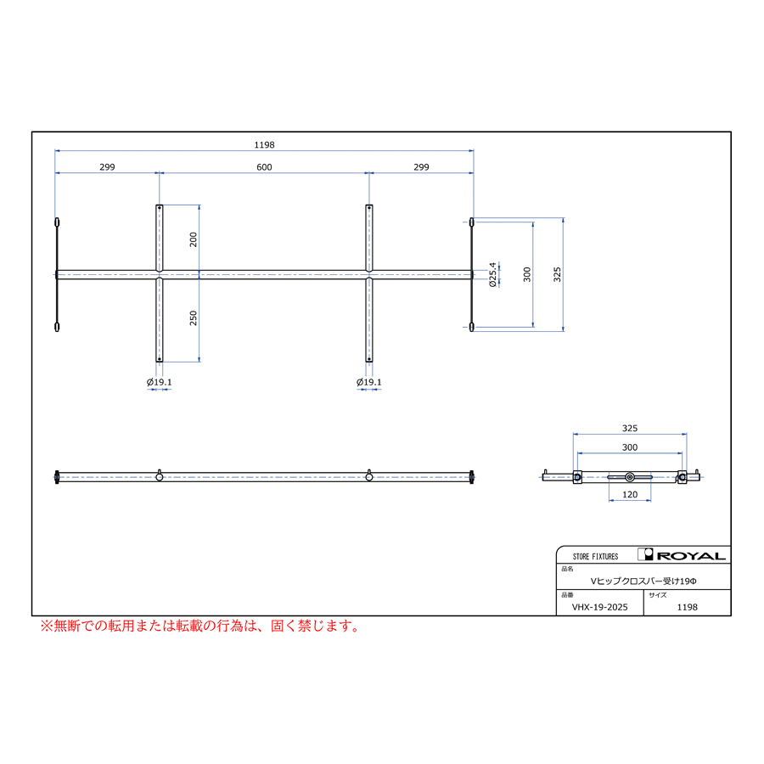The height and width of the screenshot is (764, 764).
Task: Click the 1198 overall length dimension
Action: tap(264, 144)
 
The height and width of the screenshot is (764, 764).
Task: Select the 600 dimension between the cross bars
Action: tap(264, 167)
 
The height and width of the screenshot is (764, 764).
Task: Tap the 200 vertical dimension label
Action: tap(194, 239)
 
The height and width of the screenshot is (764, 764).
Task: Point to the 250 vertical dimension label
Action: tap(194, 318)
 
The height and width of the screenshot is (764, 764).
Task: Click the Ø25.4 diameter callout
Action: tap(492, 275)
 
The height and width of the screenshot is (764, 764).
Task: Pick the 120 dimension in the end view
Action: tap(630, 495)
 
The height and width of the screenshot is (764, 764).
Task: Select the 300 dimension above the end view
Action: tap(630, 447)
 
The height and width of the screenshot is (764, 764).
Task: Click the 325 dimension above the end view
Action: tap(630, 429)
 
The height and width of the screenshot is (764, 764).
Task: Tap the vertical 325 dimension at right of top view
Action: tap(558, 274)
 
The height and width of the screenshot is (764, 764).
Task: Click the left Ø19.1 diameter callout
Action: tap(160, 382)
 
